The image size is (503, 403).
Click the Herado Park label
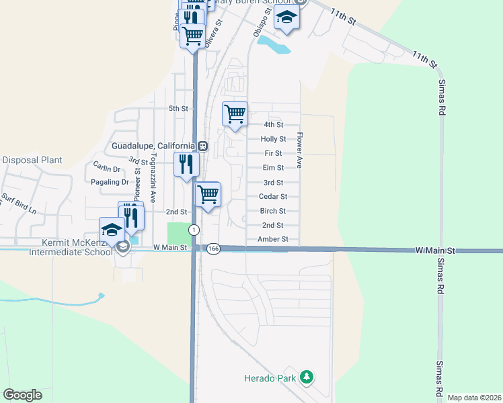click(270, 378)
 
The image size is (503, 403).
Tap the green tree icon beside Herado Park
click(307, 377)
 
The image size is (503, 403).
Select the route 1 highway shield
click(194, 230)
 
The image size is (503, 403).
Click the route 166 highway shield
click(213, 249)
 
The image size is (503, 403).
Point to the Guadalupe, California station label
click(153, 146)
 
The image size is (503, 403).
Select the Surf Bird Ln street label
click(16, 201)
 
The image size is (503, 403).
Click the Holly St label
click(273, 139)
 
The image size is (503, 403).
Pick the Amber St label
click(273, 239)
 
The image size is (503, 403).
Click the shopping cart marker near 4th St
click(235, 114)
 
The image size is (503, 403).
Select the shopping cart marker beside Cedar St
click(208, 194)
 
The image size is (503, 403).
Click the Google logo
click(22, 395)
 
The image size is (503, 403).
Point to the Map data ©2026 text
click(473, 398)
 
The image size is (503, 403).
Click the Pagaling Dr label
click(108, 182)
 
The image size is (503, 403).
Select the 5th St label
click(178, 108)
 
